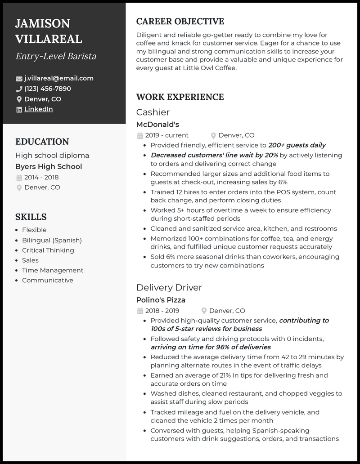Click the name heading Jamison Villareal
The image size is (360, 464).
coord(49,31)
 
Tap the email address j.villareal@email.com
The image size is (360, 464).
coord(58,78)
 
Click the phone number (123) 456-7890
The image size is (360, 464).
coord(47,89)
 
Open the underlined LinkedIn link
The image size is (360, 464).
coord(38,109)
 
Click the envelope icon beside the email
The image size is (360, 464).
coord(19,79)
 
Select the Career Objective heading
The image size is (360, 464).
coord(180,22)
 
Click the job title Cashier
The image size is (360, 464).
coord(153,112)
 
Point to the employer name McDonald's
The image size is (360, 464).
coord(157,125)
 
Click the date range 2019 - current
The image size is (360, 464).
coord(166,135)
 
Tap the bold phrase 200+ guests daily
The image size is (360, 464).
coord(297,145)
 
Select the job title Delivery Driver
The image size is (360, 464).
coord(169,287)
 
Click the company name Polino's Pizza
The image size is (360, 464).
coord(161,300)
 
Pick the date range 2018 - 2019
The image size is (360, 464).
coord(162,311)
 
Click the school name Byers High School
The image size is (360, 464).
coord(49,167)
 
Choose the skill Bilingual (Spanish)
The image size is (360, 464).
coord(52,240)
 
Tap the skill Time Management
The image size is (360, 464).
coord(53,270)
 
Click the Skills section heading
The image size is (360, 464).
coord(31,217)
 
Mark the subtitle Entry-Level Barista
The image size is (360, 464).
coord(56,56)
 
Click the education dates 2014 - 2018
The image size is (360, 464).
coord(41,177)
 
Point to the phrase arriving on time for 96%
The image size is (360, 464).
coord(202,347)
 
